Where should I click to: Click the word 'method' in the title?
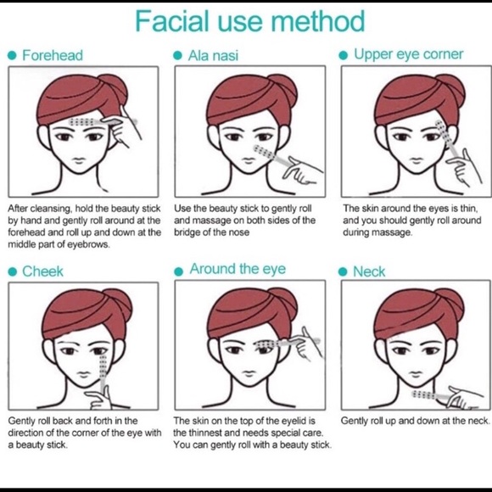tap(317, 21)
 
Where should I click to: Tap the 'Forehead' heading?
tap(53, 55)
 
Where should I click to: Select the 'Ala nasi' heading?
tap(213, 56)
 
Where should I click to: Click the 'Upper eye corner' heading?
tap(408, 54)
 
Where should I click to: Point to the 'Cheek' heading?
tap(42, 271)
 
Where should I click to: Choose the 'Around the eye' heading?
tap(238, 269)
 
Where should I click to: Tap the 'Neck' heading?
tap(369, 271)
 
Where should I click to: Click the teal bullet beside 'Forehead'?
tap(12, 55)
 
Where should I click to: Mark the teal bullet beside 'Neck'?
tap(343, 271)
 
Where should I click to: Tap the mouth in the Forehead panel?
tap(79, 160)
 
